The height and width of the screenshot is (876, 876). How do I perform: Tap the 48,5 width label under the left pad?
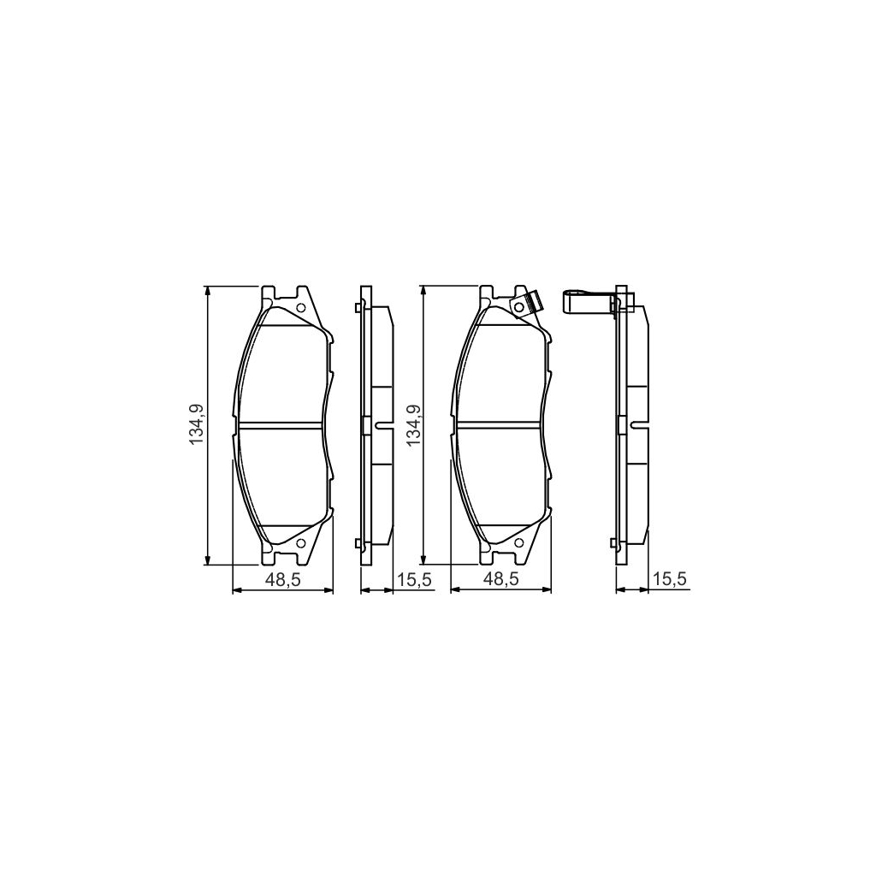(283, 580)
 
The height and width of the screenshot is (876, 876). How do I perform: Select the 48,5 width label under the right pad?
(500, 580)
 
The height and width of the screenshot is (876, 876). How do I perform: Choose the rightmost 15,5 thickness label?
(670, 580)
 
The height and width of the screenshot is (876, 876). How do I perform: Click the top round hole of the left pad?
(300, 309)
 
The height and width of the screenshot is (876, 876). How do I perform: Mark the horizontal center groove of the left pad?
(281, 424)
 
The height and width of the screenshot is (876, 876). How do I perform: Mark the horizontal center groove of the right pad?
(500, 424)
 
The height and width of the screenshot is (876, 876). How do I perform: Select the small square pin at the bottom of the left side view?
(357, 541)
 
